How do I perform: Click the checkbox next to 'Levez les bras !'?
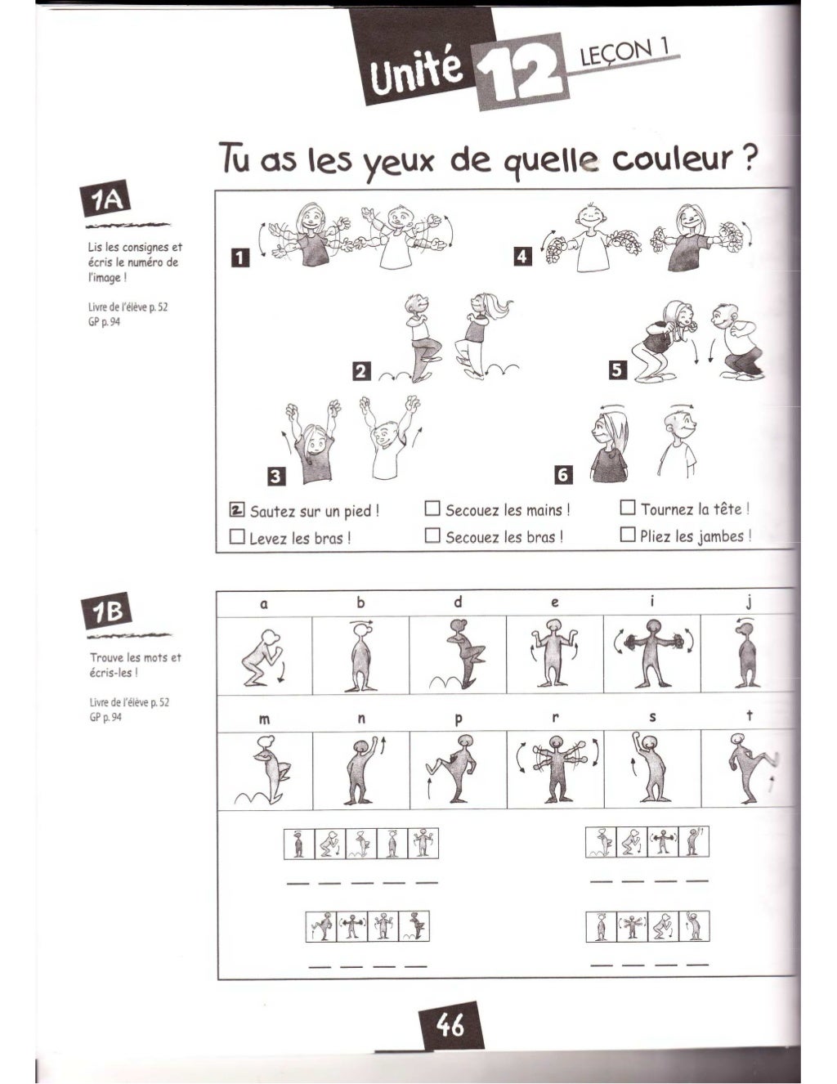coord(238,537)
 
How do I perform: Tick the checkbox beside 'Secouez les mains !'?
coord(433,509)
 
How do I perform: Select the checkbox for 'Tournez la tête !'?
coord(628,508)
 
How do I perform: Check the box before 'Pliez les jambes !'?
coord(628,535)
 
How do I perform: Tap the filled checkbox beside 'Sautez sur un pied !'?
coord(238,510)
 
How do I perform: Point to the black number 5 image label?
coord(618,371)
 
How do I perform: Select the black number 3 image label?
coord(275,477)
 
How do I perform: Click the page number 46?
coord(450,1025)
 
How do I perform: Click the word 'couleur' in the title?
coord(672,159)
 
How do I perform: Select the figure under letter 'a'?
coord(264,657)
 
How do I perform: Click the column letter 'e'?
coord(555,602)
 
